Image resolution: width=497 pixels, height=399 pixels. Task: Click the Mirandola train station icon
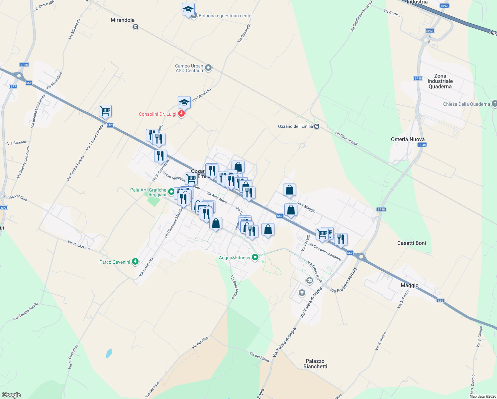(x=136, y=27)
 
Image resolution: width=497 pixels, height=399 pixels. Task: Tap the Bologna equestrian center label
(x=226, y=16)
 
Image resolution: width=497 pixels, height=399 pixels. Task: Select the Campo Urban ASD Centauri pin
(x=208, y=68)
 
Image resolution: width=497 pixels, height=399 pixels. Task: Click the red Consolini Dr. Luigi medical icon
(x=181, y=114)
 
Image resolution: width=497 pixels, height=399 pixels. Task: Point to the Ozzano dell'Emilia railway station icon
(x=317, y=126)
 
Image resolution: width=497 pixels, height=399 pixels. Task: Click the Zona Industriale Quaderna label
(x=440, y=81)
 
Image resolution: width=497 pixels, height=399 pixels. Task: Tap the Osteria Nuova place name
(x=408, y=139)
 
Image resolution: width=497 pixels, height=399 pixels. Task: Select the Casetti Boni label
(x=411, y=243)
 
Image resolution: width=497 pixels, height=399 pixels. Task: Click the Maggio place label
(x=409, y=285)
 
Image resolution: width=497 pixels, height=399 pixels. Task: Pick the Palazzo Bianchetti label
(x=315, y=364)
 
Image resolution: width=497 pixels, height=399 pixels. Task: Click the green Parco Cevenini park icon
(x=135, y=262)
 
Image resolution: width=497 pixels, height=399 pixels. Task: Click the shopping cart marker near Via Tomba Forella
(x=105, y=111)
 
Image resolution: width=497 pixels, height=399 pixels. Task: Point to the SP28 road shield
(x=24, y=65)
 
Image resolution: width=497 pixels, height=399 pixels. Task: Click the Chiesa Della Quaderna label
(x=466, y=104)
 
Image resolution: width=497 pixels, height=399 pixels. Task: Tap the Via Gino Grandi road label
(x=346, y=138)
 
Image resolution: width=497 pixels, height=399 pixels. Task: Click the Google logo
(x=11, y=395)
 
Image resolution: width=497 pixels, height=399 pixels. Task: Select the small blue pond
(x=109, y=353)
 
